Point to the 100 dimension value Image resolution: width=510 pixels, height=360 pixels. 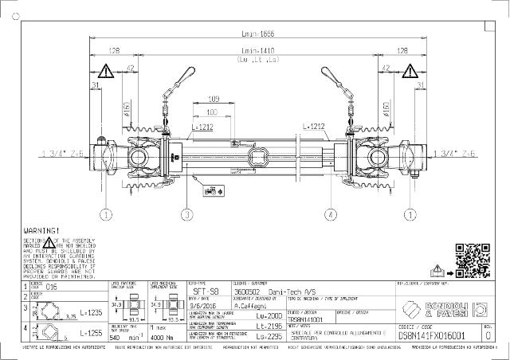click(x=212, y=112)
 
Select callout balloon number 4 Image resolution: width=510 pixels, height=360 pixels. click(x=328, y=213)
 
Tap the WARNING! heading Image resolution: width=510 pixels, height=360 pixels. click(x=41, y=230)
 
